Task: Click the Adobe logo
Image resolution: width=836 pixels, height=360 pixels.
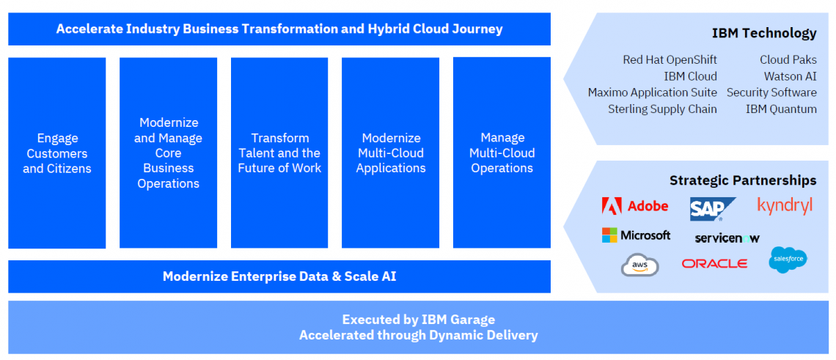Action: tap(634, 206)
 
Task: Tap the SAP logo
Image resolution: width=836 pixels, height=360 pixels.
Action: tap(707, 209)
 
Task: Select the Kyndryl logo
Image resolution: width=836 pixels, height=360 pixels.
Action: tap(785, 206)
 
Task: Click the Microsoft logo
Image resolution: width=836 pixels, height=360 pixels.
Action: tap(636, 235)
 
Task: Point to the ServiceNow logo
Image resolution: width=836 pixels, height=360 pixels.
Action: tap(727, 238)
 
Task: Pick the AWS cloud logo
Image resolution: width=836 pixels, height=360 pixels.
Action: tap(639, 265)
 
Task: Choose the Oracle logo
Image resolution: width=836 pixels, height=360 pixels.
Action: tap(714, 263)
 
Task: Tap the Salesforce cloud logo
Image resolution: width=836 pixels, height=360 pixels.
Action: tap(788, 260)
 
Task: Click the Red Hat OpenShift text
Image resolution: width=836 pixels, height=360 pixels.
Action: tap(670, 60)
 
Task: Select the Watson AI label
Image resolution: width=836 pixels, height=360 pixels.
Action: tap(789, 76)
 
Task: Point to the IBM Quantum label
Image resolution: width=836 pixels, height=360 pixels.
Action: tap(780, 109)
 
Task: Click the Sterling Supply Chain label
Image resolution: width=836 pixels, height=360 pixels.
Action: tap(662, 109)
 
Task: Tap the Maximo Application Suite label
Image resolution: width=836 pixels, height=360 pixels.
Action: tap(652, 92)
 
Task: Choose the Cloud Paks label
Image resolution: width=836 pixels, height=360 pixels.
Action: tap(788, 60)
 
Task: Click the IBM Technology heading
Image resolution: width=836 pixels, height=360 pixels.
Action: tap(763, 33)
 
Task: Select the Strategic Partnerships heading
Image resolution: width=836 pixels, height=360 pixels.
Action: tap(742, 180)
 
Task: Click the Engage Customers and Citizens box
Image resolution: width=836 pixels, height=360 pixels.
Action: tap(57, 153)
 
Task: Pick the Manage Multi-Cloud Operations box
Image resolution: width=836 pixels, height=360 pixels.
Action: tap(502, 153)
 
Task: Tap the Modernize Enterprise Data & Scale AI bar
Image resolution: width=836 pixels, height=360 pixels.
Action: tap(279, 276)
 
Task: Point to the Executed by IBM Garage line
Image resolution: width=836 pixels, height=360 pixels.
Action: tap(418, 320)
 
